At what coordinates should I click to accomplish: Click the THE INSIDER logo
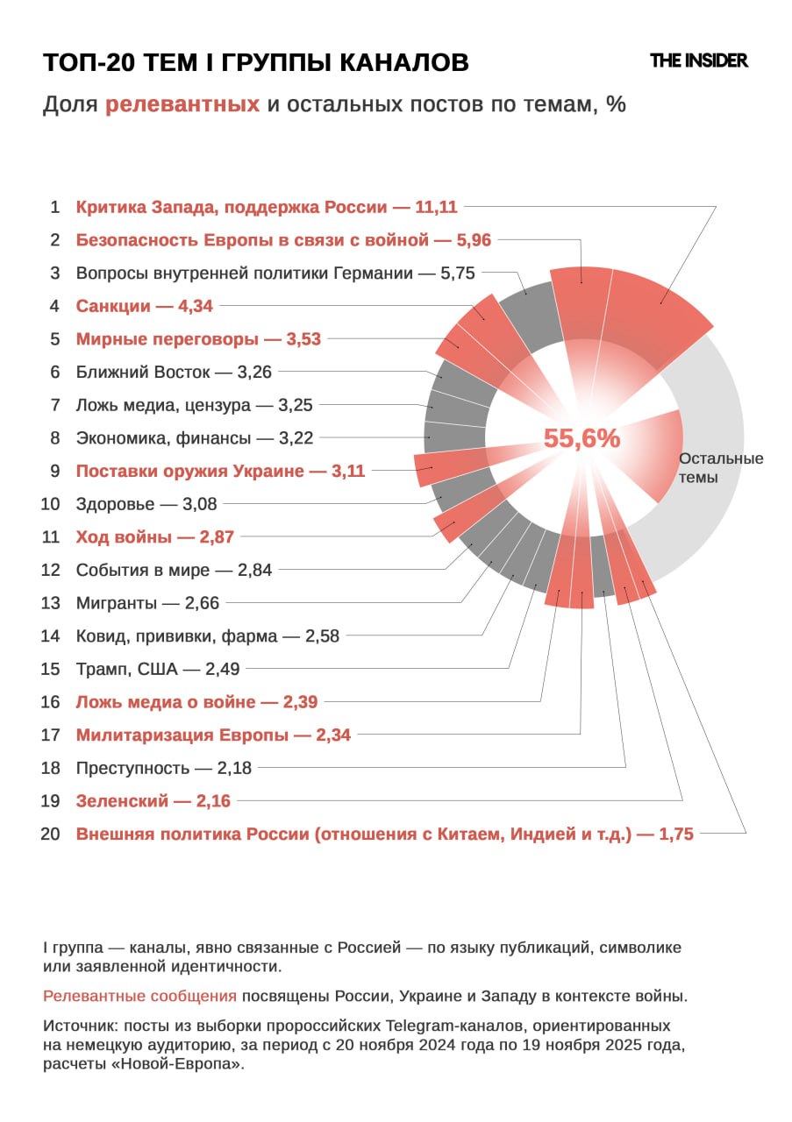pos(698,60)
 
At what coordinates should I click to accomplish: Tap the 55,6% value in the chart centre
pos(582,437)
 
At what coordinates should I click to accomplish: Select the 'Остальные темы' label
pos(721,468)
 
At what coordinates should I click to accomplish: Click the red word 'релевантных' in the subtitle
pos(182,104)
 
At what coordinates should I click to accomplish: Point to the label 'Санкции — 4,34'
pos(144,306)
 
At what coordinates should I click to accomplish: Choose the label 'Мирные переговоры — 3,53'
pos(198,339)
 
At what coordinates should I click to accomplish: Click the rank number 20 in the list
pos(50,834)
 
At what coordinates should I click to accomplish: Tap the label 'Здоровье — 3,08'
pos(146,504)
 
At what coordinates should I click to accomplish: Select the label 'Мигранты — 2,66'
pos(147,603)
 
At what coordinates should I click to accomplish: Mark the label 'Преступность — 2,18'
pos(163,768)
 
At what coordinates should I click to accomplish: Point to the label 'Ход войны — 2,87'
pos(154,536)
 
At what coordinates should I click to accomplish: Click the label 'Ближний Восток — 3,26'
pos(174,372)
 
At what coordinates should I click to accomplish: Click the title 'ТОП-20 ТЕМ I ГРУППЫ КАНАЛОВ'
pos(256,62)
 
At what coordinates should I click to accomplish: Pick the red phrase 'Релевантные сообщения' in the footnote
pos(140,997)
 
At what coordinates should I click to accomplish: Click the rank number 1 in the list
pos(54,208)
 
